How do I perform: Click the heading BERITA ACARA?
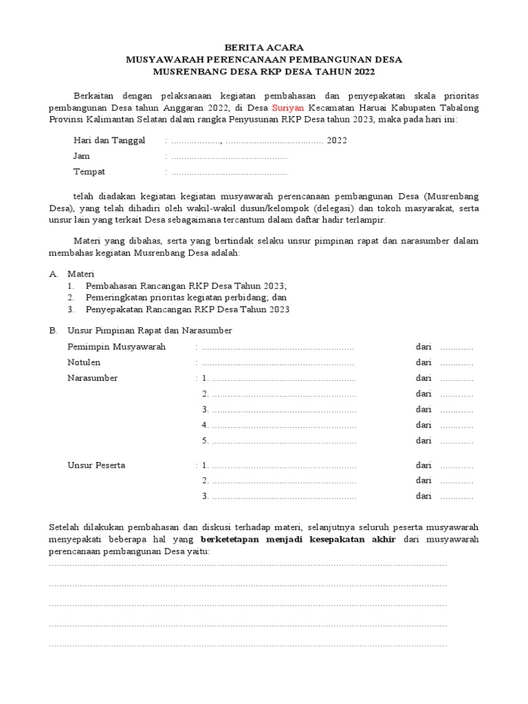pyautogui.click(x=264, y=47)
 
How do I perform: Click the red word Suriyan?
pyautogui.click(x=290, y=108)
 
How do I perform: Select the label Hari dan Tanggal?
pyautogui.click(x=109, y=140)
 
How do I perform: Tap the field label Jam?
pyautogui.click(x=82, y=156)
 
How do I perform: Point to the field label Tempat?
pyautogui.click(x=89, y=172)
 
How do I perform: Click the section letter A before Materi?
pyautogui.click(x=53, y=274)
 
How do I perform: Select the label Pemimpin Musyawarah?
pyautogui.click(x=116, y=346)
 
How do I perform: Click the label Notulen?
pyautogui.click(x=84, y=362)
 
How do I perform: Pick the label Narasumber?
pyautogui.click(x=92, y=378)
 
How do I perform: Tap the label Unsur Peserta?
pyautogui.click(x=96, y=465)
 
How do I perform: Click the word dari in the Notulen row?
pyautogui.click(x=423, y=362)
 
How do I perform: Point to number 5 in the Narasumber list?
pyautogui.click(x=205, y=441)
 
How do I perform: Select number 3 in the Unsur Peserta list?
pyautogui.click(x=205, y=496)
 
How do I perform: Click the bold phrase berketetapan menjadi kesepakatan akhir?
pyautogui.click(x=298, y=540)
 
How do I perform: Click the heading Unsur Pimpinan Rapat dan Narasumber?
pyautogui.click(x=150, y=331)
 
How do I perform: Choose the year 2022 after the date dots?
pyautogui.click(x=337, y=141)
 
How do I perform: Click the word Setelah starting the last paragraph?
pyautogui.click(x=65, y=528)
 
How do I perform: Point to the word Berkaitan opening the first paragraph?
pyautogui.click(x=95, y=96)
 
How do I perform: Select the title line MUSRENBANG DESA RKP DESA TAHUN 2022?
pyautogui.click(x=264, y=72)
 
